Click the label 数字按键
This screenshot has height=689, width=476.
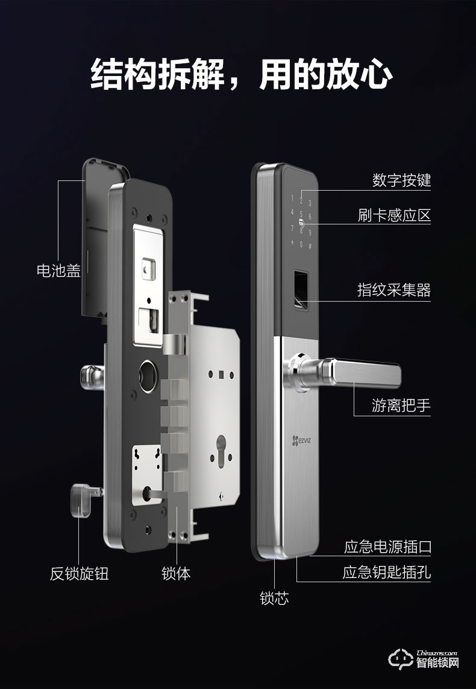click(402, 180)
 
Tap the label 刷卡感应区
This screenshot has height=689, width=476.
click(394, 215)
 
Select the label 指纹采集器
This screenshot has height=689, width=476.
click(394, 290)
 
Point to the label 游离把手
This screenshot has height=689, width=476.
click(401, 405)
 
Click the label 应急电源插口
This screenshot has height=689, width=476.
click(387, 547)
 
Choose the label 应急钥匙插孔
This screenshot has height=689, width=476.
click(387, 572)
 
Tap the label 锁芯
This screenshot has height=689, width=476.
click(274, 598)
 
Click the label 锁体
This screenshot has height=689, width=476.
click(176, 573)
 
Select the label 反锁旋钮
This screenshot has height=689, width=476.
click(79, 573)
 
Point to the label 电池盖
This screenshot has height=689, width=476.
click(58, 270)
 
